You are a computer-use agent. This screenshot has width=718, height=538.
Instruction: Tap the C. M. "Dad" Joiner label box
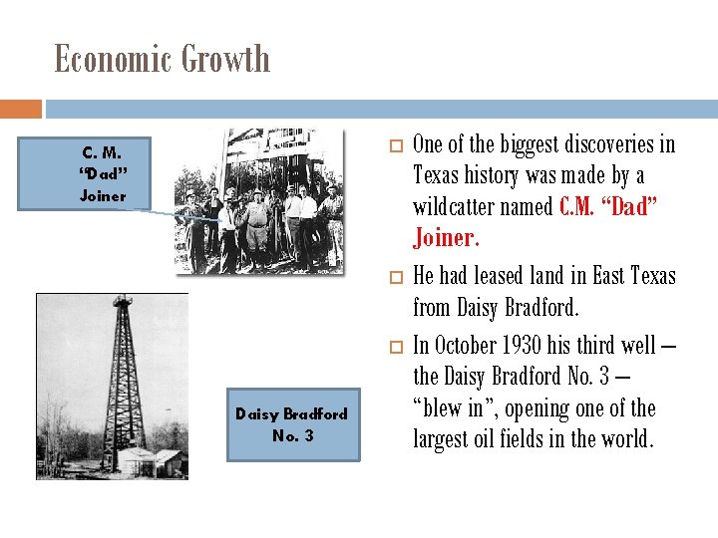coord(104,174)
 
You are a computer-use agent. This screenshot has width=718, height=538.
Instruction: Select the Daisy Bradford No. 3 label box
coord(292,424)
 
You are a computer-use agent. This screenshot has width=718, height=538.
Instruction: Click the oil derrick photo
coord(112,386)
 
